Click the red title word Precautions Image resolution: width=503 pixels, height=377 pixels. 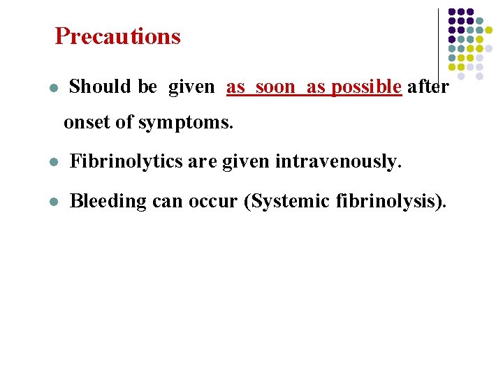[x=117, y=36]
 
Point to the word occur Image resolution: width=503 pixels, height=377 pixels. [x=213, y=201]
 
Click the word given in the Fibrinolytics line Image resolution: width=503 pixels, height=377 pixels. [x=247, y=162]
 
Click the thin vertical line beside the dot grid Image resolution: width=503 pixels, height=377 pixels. [x=438, y=42]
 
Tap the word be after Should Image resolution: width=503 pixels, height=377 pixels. [x=147, y=87]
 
